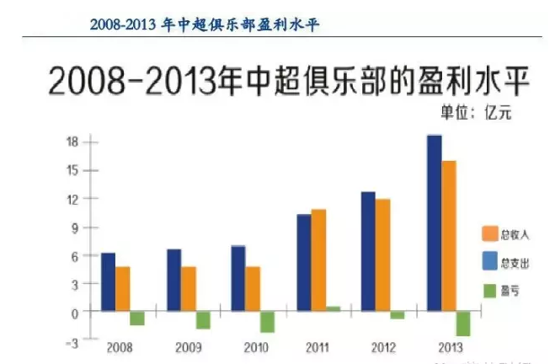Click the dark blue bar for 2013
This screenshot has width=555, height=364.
[x=434, y=223]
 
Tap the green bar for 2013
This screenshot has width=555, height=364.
[x=463, y=324]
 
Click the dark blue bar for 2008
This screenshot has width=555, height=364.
[x=108, y=282]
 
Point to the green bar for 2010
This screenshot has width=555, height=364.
[x=268, y=322]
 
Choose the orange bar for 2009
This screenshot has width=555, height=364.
[x=188, y=289]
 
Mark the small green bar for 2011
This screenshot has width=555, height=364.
[x=333, y=309]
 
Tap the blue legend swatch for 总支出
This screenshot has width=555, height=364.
[x=488, y=263]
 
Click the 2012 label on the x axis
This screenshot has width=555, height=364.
[x=383, y=347]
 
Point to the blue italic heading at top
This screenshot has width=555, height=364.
[x=205, y=24]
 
